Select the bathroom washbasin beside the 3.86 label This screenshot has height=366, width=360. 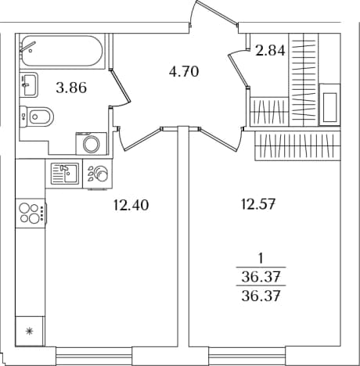29,84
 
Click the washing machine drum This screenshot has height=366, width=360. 91,144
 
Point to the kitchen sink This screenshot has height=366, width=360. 65,174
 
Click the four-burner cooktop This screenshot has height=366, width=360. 31,213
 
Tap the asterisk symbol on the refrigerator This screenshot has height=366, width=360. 30,331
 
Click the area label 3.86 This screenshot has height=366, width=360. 71,88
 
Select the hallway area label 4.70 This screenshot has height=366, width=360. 184,71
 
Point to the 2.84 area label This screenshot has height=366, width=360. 270,50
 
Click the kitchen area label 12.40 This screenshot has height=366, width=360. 131,205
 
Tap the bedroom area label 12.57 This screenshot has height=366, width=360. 257,204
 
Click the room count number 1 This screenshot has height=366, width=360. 260,259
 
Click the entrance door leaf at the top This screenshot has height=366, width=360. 217,12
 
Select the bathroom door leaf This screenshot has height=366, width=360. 120,85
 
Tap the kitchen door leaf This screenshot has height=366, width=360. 142,138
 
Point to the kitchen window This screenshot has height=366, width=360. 94,356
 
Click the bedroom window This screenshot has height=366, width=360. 247,356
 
